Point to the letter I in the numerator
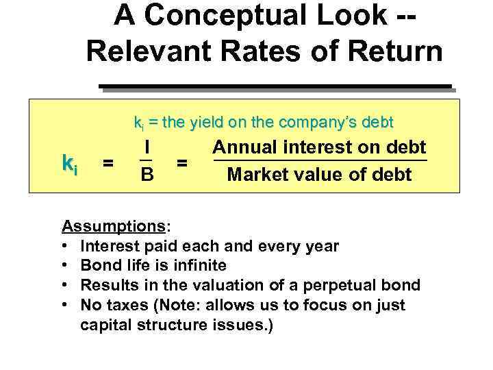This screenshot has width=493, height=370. click(147, 147)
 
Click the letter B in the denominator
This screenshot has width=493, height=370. click(147, 175)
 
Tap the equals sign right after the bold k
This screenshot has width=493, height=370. click(108, 163)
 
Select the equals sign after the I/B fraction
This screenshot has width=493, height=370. click(182, 163)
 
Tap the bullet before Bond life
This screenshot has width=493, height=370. click(65, 265)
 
